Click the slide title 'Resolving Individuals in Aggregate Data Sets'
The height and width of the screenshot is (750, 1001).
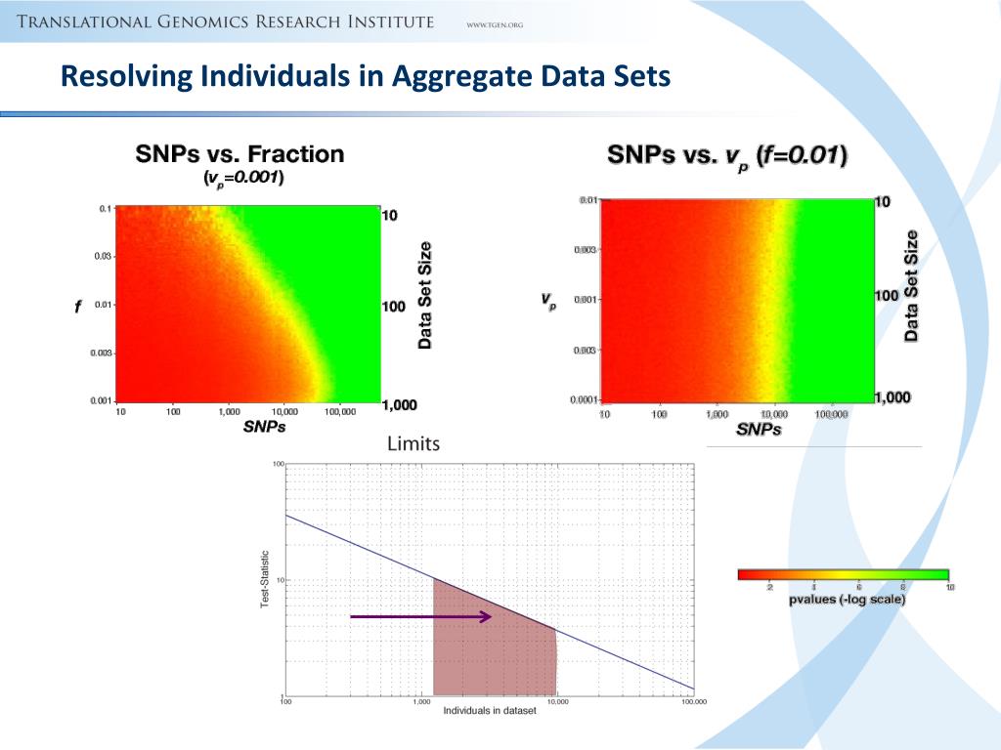click(366, 76)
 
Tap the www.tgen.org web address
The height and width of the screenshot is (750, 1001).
click(496, 24)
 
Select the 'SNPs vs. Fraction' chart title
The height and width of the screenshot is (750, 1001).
click(239, 153)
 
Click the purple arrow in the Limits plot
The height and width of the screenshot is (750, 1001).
click(421, 616)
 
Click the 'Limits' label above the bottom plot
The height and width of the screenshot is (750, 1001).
click(413, 443)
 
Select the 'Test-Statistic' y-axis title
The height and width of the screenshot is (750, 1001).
click(264, 580)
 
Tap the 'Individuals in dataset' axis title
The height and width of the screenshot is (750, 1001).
click(489, 711)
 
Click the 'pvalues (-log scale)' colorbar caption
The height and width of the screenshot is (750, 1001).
click(847, 600)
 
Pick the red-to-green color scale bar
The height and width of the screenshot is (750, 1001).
click(843, 574)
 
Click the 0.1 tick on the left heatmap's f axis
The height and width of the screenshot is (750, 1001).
click(105, 208)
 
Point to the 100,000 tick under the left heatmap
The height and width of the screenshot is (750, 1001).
click(339, 412)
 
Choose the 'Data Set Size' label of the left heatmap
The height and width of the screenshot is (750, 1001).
click(425, 295)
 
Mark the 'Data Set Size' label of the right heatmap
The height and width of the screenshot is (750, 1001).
click(912, 285)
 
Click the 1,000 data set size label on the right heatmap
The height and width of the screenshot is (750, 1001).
click(892, 397)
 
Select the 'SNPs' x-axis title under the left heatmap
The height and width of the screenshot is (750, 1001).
click(264, 427)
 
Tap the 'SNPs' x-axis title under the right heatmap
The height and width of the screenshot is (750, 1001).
click(759, 429)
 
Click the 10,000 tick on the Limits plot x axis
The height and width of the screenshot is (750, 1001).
click(555, 701)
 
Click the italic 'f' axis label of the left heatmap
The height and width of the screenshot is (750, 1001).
click(77, 307)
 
